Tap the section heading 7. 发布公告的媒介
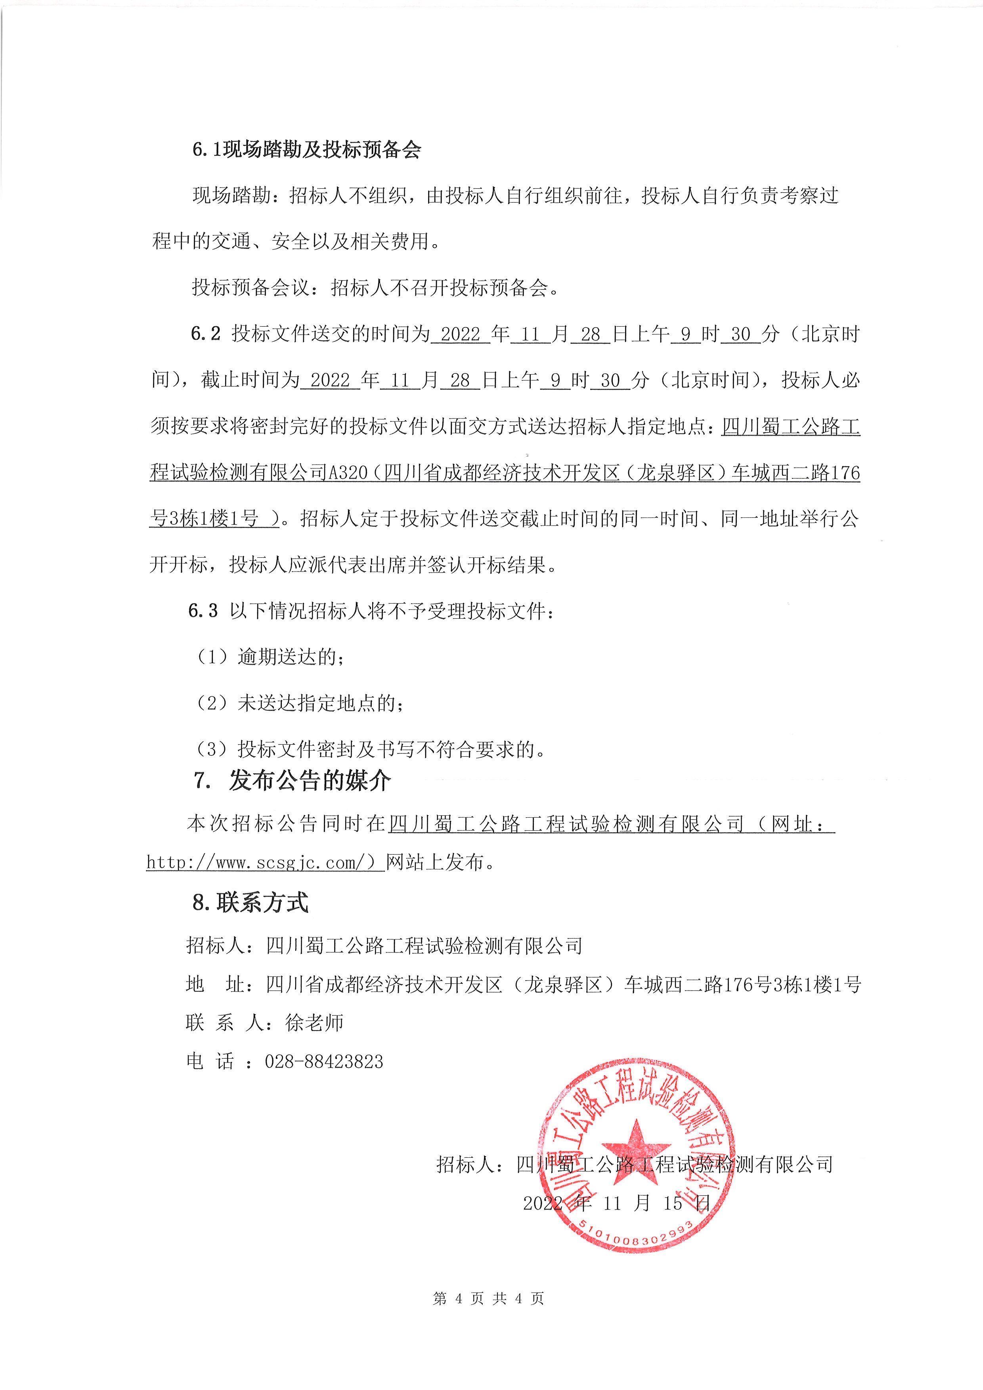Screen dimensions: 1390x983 (x=292, y=781)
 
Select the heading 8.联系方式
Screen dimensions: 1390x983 (x=250, y=902)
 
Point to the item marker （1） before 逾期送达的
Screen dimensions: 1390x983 (x=212, y=658)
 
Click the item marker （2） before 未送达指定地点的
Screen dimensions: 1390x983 (x=212, y=704)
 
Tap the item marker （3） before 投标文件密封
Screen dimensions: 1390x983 (x=212, y=750)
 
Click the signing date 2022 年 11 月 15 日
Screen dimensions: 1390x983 (x=616, y=1203)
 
